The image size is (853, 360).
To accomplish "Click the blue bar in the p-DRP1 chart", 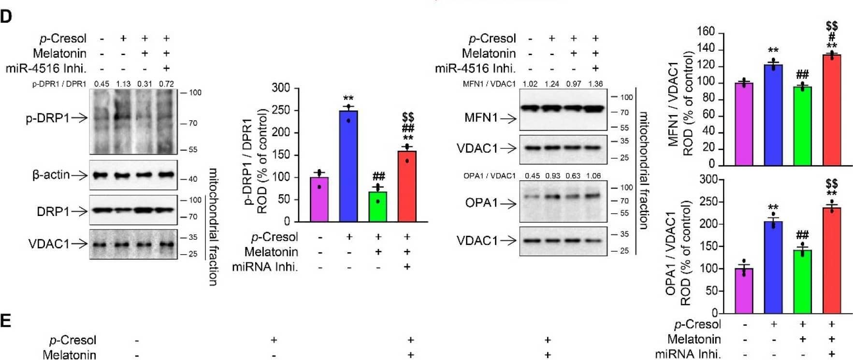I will pos(348,167).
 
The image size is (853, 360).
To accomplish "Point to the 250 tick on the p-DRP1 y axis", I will pos(281,110).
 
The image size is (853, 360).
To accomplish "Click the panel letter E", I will pos(5,321).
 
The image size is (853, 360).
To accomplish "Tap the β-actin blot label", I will pos(51,174).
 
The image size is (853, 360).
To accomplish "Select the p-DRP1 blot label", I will pos(47,117).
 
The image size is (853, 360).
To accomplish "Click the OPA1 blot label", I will pos(481,203).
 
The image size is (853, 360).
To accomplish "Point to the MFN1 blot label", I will pos(481,117).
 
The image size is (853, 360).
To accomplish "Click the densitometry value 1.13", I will pos(123,84).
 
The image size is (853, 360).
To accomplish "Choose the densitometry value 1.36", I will pos(595,84).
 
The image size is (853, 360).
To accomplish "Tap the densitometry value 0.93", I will pos(553,176).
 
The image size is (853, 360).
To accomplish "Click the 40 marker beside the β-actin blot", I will pos(192,179).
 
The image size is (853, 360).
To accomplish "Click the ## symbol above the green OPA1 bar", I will pos(802,235).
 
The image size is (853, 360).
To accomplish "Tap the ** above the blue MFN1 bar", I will pos(773,50).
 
